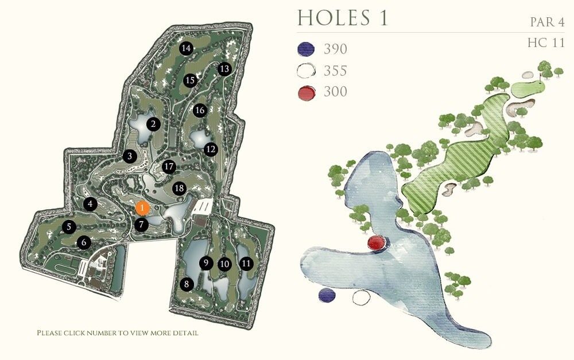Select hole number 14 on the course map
click(185, 48)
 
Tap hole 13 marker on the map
click(224, 69)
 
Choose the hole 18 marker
click(179, 188)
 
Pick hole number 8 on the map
click(185, 284)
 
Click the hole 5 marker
click(69, 227)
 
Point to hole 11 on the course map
click(246, 264)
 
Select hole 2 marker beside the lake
click(153, 123)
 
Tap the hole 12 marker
click(211, 149)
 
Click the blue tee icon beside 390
click(307, 49)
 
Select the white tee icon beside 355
click(307, 71)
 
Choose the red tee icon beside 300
click(307, 92)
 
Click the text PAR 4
click(547, 22)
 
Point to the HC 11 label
click(546, 43)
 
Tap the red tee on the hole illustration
click(376, 243)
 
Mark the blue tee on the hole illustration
click(327, 295)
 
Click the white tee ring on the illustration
click(361, 297)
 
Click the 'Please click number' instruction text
click(118, 333)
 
